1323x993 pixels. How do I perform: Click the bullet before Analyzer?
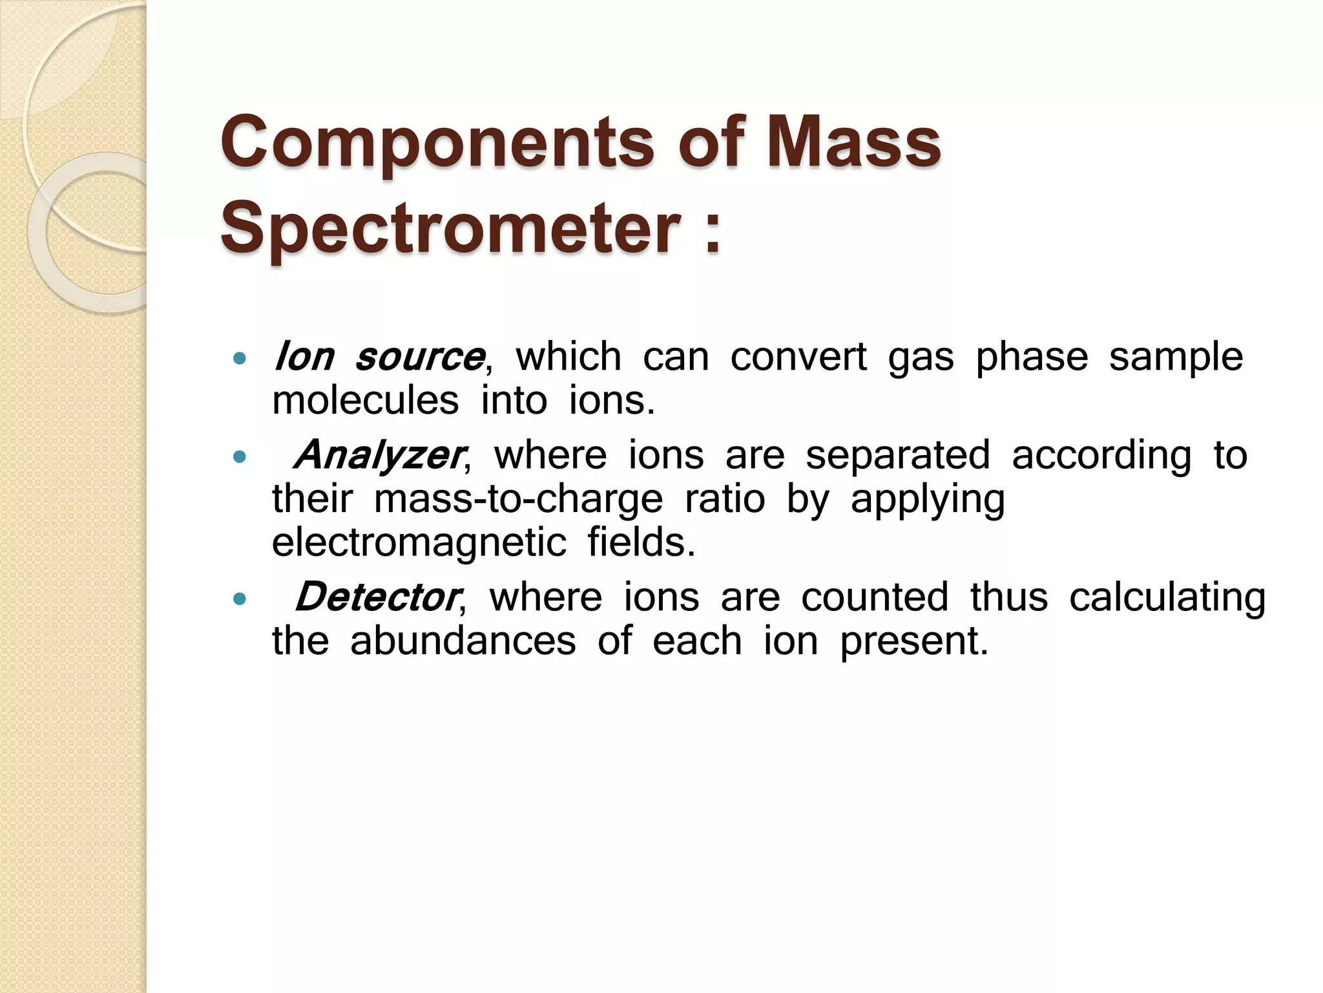[240, 457]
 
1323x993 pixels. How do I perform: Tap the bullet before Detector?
[240, 599]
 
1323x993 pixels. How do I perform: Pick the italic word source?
[419, 358]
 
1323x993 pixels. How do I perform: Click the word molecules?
[365, 401]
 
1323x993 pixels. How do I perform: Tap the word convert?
[798, 357]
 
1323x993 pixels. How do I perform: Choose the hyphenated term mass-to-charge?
[518, 500]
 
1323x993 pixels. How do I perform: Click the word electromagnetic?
[419, 542]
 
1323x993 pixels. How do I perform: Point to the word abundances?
[463, 641]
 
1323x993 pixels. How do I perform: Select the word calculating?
[1167, 598]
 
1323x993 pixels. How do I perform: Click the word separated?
[897, 455]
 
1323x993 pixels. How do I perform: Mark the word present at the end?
[913, 642]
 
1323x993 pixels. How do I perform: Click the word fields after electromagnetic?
[641, 542]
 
